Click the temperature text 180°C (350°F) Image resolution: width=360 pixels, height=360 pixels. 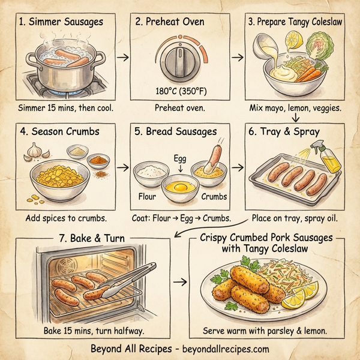(x=180, y=92)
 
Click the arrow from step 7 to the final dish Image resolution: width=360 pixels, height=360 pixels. (x=179, y=281)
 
